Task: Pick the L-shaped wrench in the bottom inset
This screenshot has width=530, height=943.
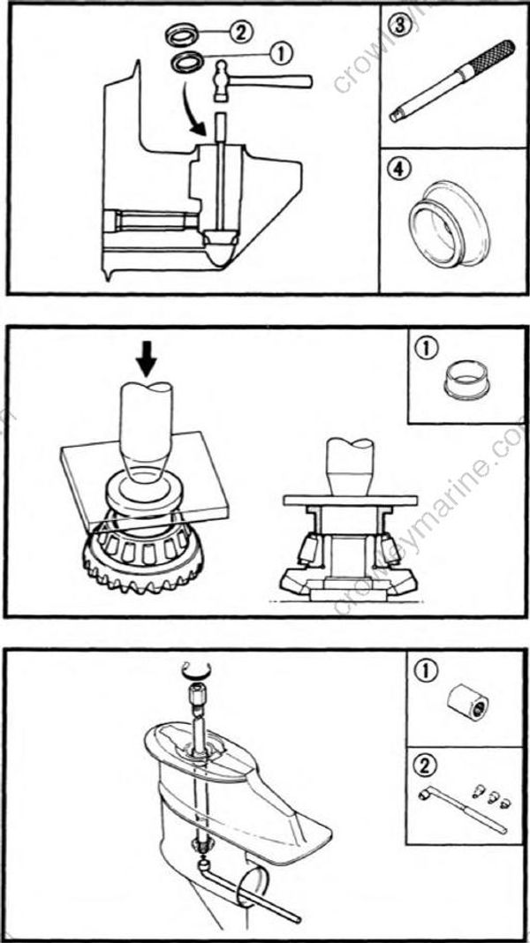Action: tap(459, 808)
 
